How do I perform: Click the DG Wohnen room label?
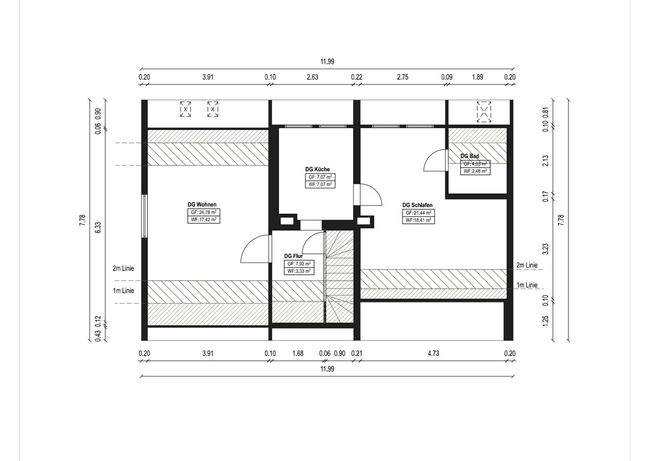point(202,205)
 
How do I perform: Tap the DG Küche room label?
point(317,169)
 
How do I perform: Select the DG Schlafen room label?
point(417,205)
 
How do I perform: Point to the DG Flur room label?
point(294,256)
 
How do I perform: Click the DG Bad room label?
point(470,156)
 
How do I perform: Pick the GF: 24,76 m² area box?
point(204,212)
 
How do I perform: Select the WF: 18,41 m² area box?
point(418,220)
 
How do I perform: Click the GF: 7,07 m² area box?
point(320,177)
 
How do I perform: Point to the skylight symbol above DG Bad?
point(484,111)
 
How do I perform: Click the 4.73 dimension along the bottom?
point(433,353)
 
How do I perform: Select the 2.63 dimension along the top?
point(313,77)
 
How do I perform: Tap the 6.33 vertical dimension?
point(98,228)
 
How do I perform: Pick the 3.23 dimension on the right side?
point(546,249)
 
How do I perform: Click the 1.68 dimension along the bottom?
point(298,353)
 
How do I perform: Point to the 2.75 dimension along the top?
point(403,77)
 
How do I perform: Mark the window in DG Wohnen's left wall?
point(145,216)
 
